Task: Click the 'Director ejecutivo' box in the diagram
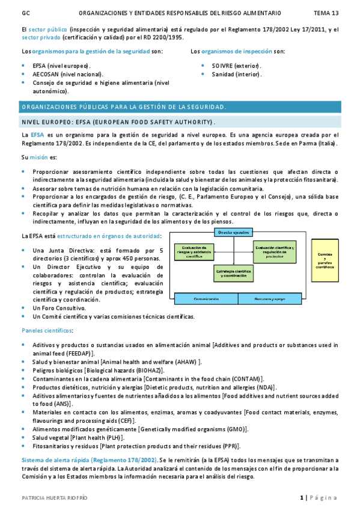[233, 232]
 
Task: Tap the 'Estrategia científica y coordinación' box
[233, 274]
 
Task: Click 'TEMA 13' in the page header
[326, 13]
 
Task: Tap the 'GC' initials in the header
[25, 13]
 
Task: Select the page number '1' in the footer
[302, 498]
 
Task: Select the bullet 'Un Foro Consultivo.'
[59, 307]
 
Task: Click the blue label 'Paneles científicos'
[47, 331]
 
